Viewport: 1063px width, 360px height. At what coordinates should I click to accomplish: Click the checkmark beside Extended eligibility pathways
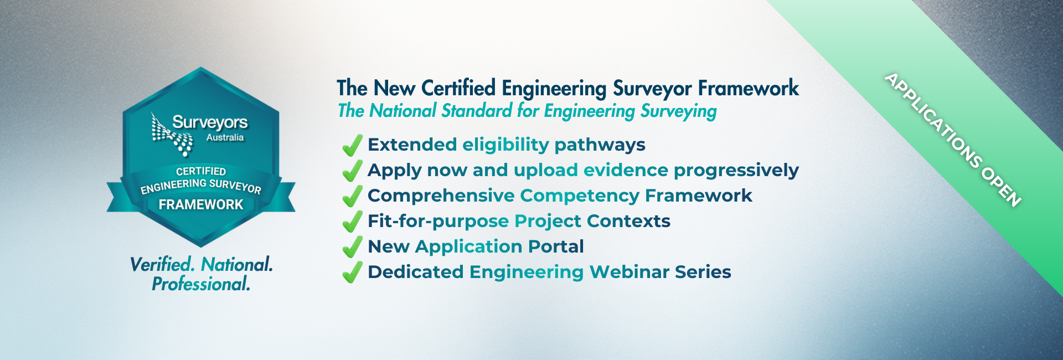coord(352,146)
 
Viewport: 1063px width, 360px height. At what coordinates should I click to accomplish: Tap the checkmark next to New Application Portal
coord(352,248)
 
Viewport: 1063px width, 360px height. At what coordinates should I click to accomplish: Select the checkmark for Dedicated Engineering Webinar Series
coord(352,273)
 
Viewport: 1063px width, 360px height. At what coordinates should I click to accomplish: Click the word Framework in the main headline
coord(748,89)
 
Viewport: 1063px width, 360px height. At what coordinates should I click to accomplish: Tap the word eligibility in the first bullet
coord(505,145)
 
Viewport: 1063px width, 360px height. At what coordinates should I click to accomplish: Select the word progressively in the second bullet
coord(736,171)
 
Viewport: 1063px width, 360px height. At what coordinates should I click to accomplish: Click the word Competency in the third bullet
coord(580,196)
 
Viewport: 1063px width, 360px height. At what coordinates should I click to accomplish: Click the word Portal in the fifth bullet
coord(556,246)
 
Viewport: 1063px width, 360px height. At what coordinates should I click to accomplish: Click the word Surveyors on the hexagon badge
coord(210,122)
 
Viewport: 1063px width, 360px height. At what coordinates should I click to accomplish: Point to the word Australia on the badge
coord(225,137)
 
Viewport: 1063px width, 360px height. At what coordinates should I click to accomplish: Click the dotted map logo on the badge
coord(172,135)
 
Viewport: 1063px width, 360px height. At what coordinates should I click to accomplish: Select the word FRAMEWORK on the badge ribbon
coord(201,205)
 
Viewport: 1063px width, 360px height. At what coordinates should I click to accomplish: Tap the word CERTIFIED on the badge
coord(201,171)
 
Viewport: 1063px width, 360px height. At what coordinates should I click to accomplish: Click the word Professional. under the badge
coord(201,284)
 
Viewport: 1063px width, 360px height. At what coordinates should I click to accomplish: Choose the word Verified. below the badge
coord(162,265)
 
